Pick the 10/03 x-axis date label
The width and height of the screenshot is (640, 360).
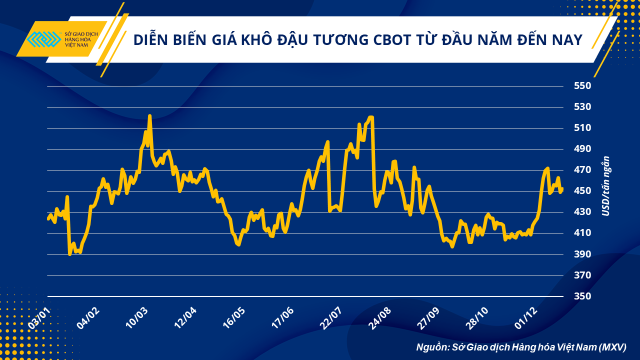point(136,317)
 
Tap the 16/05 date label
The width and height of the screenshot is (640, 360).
point(234,317)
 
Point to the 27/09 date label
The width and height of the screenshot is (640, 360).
point(429,317)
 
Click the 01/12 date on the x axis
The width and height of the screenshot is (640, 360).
point(526,317)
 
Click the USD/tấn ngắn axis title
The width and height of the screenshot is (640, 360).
point(606,190)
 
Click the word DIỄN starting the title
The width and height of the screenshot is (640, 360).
point(151,40)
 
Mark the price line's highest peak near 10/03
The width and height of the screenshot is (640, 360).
point(149,116)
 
